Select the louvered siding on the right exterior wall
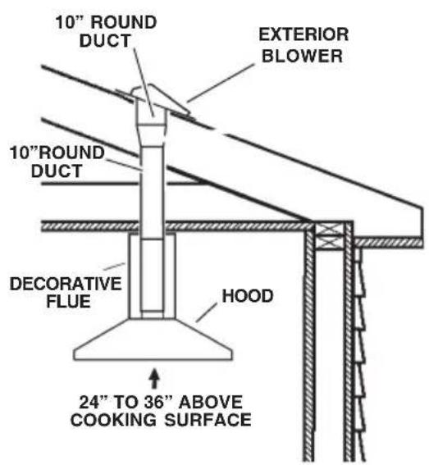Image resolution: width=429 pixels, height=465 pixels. point(357,353)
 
